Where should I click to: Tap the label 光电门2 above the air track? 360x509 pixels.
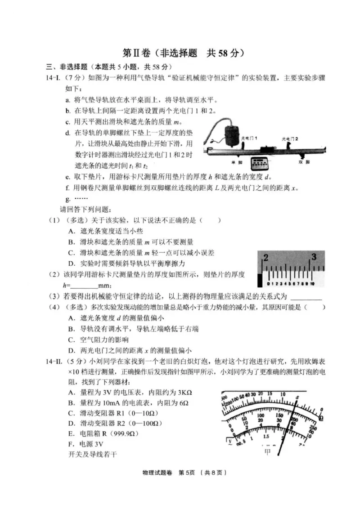[290, 138]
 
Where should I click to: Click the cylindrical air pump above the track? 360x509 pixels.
[232, 134]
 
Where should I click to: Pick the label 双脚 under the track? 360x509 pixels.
[305, 161]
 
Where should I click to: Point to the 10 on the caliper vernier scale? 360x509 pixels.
[311, 284]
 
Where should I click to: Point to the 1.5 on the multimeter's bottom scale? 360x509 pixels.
[266, 436]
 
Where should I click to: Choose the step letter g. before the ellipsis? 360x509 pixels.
[67, 198]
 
